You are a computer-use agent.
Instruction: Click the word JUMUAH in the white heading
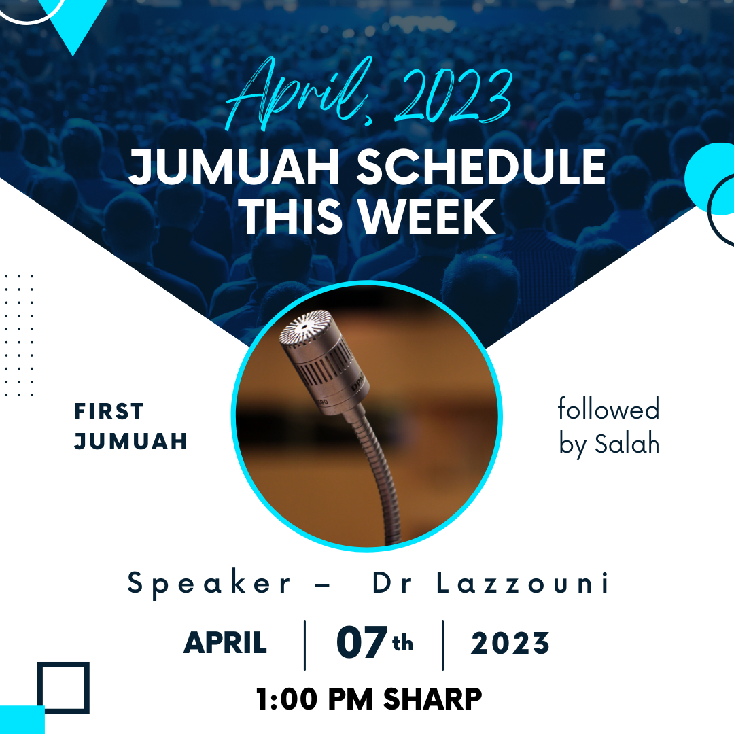[234, 167]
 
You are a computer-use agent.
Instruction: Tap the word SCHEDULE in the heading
[481, 167]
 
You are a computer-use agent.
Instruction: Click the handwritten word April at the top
[300, 94]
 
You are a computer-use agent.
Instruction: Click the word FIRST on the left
[109, 411]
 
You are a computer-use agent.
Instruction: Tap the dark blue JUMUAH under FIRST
[130, 442]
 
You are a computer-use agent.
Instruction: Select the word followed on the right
[608, 408]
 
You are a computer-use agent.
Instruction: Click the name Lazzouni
[523, 583]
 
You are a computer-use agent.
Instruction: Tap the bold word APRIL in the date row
[225, 643]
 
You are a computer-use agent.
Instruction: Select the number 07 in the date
[362, 642]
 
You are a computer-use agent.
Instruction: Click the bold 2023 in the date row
[510, 643]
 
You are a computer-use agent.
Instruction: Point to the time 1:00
[287, 699]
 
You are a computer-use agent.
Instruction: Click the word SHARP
[432, 699]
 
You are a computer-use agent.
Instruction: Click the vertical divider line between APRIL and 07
[304, 645]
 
